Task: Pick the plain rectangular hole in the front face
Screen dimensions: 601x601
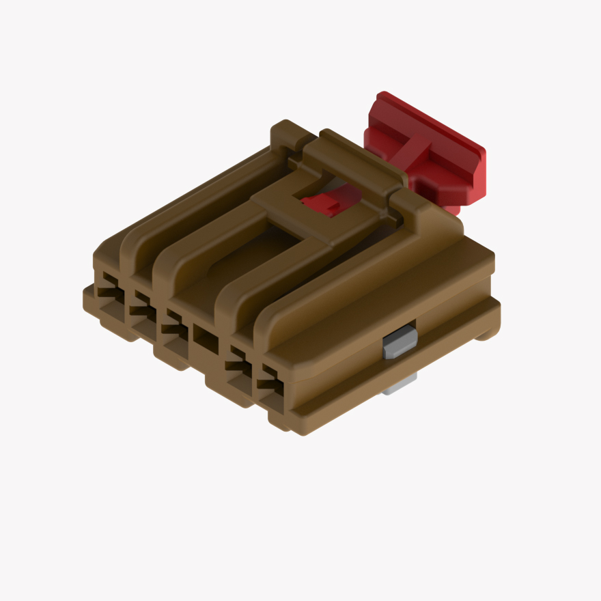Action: [x=205, y=335]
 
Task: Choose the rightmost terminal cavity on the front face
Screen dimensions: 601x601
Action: [x=269, y=380]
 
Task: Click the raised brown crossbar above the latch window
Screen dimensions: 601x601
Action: [x=355, y=157]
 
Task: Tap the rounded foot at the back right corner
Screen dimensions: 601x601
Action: [x=486, y=333]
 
